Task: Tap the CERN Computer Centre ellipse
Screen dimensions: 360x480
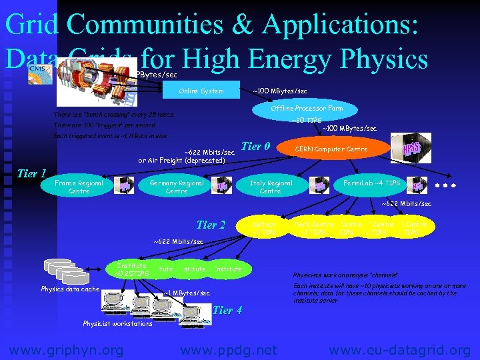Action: (x=332, y=149)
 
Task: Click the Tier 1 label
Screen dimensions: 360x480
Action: (x=31, y=174)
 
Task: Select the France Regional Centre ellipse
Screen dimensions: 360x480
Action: (x=79, y=187)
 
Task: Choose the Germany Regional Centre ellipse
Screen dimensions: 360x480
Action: (x=176, y=187)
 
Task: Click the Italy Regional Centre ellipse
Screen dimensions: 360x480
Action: (x=270, y=187)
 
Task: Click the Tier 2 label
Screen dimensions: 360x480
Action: (x=211, y=225)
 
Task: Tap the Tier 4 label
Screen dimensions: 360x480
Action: (x=227, y=310)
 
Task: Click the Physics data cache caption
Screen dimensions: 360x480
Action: (x=70, y=289)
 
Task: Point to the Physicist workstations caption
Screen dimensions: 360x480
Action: (x=117, y=323)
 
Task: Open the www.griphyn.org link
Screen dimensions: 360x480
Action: (x=65, y=349)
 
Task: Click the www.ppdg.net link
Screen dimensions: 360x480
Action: (x=228, y=349)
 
